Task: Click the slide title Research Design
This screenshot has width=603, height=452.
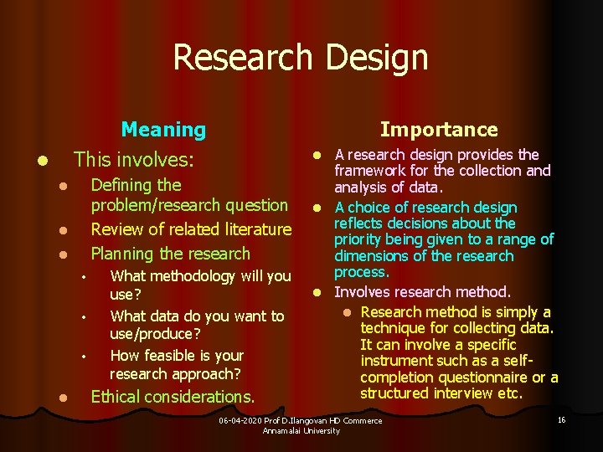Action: (300, 57)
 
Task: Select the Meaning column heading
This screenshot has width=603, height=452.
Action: (163, 129)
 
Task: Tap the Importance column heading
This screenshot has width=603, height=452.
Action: (439, 129)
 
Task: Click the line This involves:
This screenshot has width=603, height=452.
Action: (134, 159)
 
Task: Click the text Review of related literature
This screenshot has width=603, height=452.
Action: (191, 229)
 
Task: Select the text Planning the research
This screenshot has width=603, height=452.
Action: (170, 253)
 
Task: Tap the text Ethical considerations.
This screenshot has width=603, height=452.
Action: (173, 396)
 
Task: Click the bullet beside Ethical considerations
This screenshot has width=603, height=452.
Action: (51, 398)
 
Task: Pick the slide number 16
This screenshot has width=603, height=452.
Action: (561, 419)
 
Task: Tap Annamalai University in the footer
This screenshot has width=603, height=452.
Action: (301, 430)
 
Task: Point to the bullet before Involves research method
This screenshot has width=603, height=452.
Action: (318, 293)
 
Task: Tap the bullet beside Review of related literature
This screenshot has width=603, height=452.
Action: (51, 230)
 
